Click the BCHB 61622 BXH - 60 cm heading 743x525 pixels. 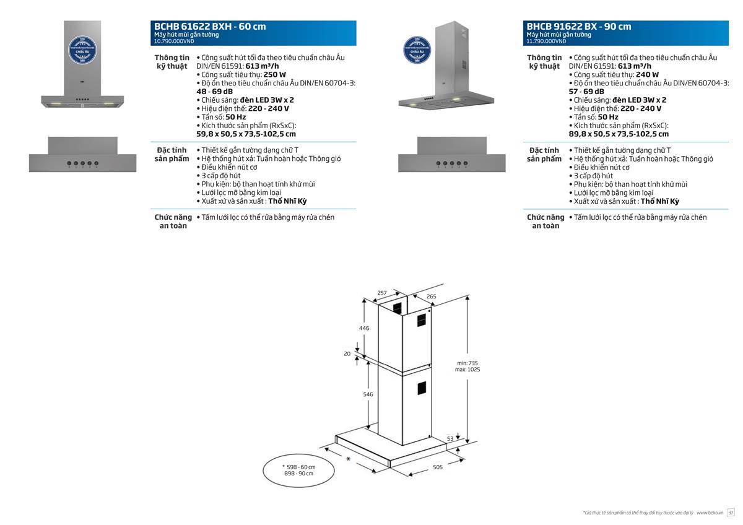210,27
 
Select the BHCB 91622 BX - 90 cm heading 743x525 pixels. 579,27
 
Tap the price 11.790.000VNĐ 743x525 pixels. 546,41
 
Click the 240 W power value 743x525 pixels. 648,74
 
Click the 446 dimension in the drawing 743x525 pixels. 364,328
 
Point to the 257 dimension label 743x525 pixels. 382,292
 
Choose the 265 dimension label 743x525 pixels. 431,297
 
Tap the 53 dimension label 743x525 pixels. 450,438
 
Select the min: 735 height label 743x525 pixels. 467,362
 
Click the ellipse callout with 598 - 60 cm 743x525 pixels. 298,470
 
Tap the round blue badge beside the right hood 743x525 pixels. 417,50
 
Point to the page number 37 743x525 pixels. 731,513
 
